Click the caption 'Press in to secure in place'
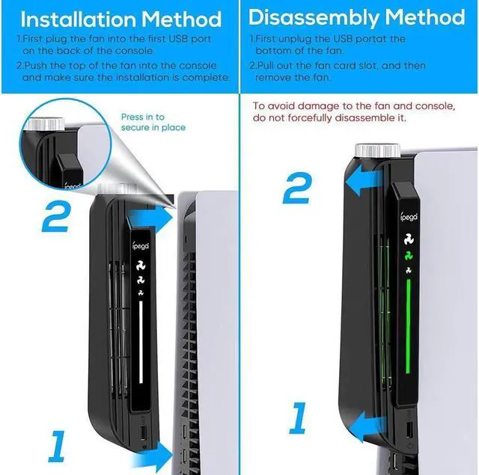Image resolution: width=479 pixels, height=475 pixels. (x=153, y=122)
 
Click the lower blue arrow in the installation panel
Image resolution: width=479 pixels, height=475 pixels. (x=155, y=453)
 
